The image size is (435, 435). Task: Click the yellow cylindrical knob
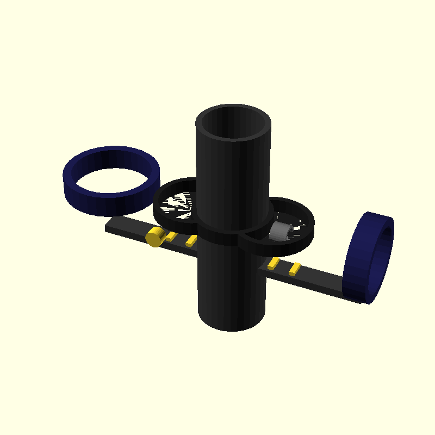155,237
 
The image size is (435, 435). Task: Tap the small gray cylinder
281,231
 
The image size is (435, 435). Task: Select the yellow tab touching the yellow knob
170,237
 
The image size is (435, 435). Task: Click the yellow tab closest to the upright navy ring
295,269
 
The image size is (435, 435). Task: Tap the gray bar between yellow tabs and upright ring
321,278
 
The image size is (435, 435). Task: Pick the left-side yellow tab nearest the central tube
191,240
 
